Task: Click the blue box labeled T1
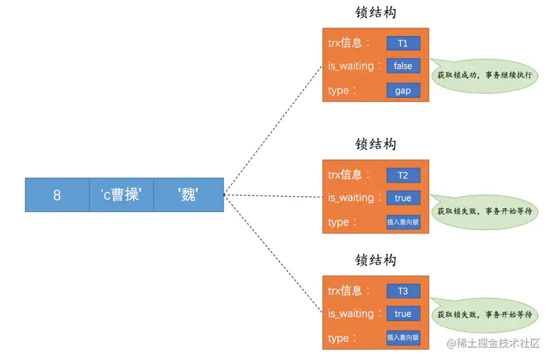click(x=403, y=43)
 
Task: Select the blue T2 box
click(x=403, y=175)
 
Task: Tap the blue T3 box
click(x=403, y=291)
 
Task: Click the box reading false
click(x=403, y=66)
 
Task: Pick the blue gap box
click(x=403, y=90)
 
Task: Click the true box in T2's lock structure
click(x=403, y=198)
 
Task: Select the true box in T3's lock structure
click(x=403, y=314)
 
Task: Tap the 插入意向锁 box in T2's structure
click(x=403, y=222)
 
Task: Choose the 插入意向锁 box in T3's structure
click(x=403, y=338)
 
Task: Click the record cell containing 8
click(x=57, y=195)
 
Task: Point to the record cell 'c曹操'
click(x=121, y=195)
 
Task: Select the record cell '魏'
click(x=188, y=195)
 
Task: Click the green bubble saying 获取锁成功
click(x=484, y=75)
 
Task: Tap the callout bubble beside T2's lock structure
click(x=484, y=211)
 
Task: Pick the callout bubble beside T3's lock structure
click(x=484, y=314)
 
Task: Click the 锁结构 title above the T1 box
click(x=376, y=13)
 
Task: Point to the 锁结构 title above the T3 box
click(x=376, y=260)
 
